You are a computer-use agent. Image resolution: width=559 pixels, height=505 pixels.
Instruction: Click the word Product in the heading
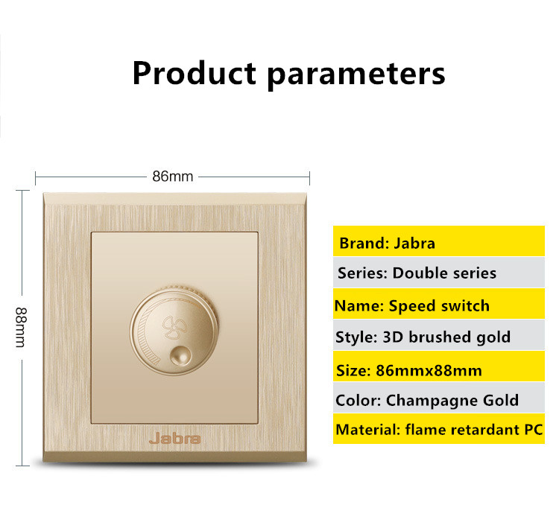(195, 73)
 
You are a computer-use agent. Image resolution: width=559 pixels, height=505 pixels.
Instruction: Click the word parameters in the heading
(356, 75)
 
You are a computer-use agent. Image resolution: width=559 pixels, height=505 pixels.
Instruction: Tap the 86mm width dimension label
(173, 177)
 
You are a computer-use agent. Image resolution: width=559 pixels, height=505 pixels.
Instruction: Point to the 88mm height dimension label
(21, 327)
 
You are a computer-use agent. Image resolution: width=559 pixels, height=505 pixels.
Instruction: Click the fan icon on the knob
(174, 326)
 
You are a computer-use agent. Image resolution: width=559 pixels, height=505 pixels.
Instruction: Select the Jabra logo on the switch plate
(174, 439)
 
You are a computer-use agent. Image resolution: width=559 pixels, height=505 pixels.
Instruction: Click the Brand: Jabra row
(439, 241)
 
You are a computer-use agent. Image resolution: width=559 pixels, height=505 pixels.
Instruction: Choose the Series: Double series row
(439, 273)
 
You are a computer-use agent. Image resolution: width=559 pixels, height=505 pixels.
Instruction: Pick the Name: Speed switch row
(439, 304)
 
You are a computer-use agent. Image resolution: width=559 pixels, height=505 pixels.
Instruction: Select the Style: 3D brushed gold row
(439, 335)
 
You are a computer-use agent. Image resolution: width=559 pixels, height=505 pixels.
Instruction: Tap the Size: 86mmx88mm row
(439, 366)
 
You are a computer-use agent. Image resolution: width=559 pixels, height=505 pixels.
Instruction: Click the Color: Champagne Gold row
(439, 398)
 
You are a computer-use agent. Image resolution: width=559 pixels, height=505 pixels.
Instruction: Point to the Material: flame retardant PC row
(439, 429)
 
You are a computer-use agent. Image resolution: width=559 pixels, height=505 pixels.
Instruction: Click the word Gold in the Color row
(501, 400)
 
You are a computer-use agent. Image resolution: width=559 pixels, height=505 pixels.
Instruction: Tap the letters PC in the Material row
(534, 430)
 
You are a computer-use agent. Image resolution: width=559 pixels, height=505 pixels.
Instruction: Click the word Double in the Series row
(417, 273)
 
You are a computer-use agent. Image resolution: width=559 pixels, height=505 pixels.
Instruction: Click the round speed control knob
(174, 331)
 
